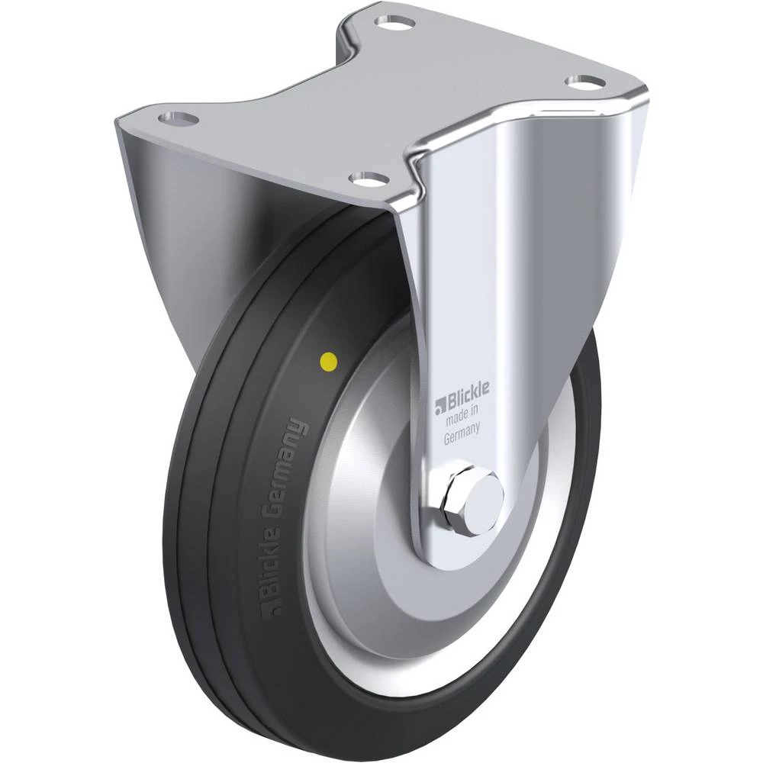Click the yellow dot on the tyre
(x=328, y=362)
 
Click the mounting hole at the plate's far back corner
(x=394, y=22)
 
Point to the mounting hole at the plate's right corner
(x=585, y=82)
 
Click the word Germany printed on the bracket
(x=462, y=433)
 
